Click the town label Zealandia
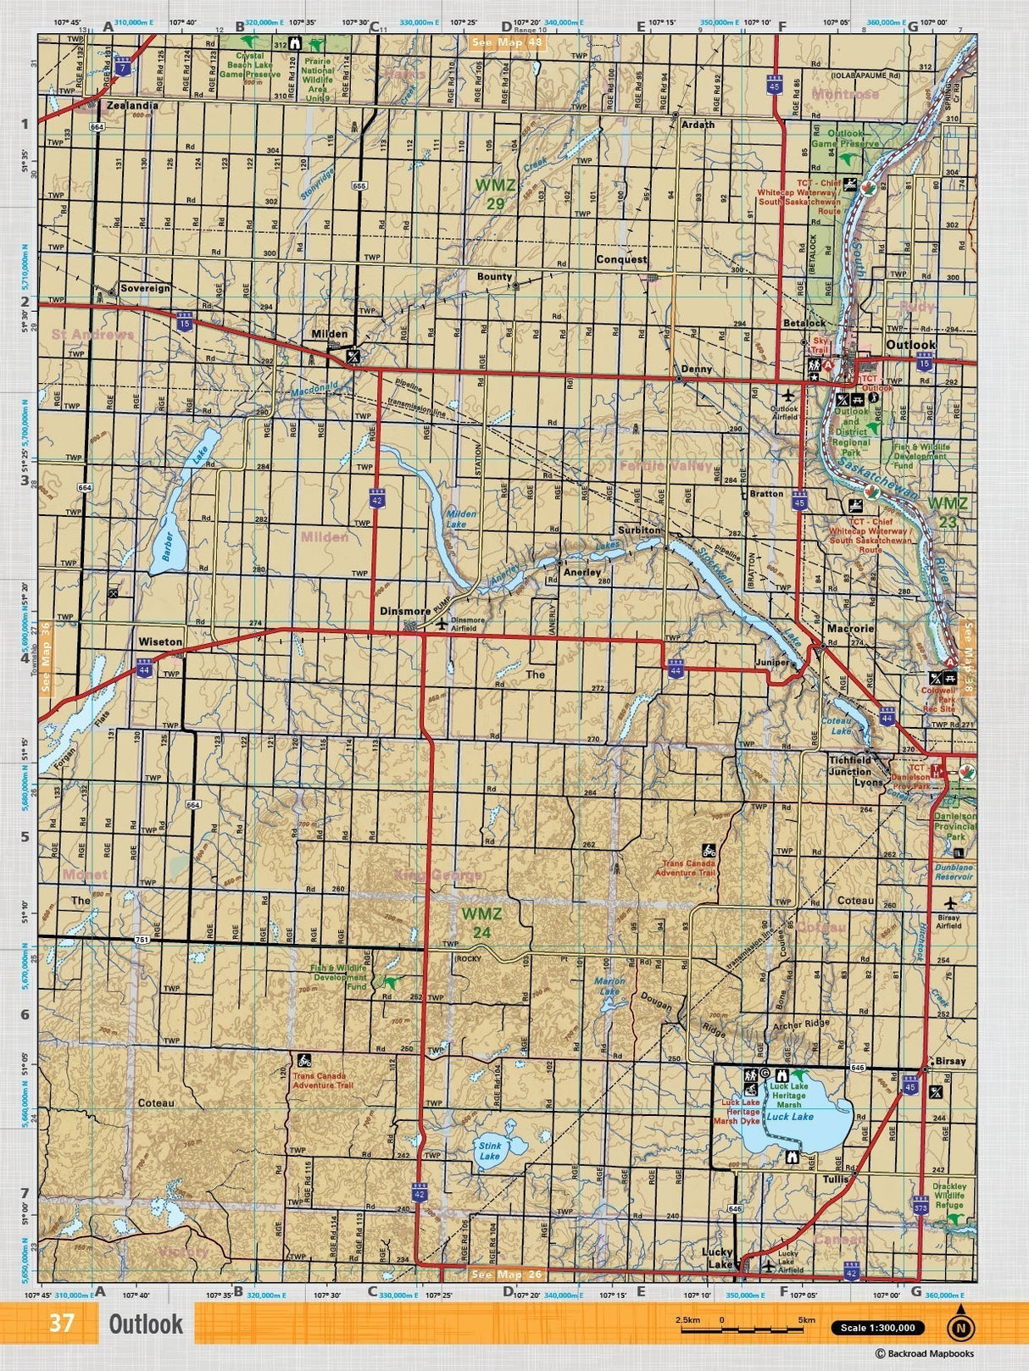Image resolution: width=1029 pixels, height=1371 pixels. (132, 106)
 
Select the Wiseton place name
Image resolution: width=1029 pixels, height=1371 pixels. (159, 642)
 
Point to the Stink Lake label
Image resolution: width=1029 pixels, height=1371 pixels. (490, 1151)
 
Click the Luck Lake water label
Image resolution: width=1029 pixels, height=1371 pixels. (790, 1117)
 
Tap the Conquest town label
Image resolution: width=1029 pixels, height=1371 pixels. (620, 259)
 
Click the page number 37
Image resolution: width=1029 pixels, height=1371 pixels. (62, 1324)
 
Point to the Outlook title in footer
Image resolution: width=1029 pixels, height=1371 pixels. (145, 1324)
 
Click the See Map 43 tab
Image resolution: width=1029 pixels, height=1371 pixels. (507, 42)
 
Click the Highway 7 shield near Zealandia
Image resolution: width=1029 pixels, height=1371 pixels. (124, 65)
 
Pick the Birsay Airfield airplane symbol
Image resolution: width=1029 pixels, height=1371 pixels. (948, 901)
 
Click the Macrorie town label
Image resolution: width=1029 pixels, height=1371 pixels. (850, 629)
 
